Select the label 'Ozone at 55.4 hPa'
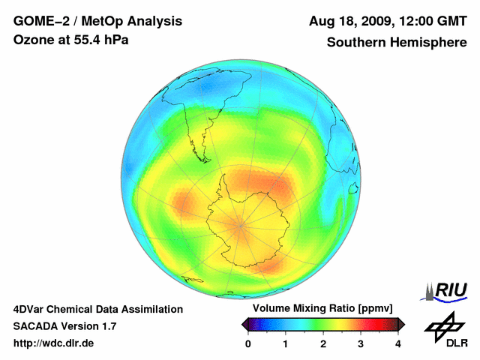(x=70, y=40)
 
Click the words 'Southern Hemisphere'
(x=396, y=42)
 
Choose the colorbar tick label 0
(x=248, y=343)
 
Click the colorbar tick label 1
(x=286, y=343)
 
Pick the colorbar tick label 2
(x=323, y=343)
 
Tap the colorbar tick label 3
(x=361, y=343)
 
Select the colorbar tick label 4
(x=398, y=343)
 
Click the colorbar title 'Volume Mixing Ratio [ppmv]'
(x=322, y=309)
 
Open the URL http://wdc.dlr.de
(x=54, y=343)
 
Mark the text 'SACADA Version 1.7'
(x=64, y=326)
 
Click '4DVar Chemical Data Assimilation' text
(x=97, y=309)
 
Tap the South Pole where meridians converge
(x=240, y=223)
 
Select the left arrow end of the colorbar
(x=244, y=324)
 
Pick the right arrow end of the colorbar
(x=401, y=324)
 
